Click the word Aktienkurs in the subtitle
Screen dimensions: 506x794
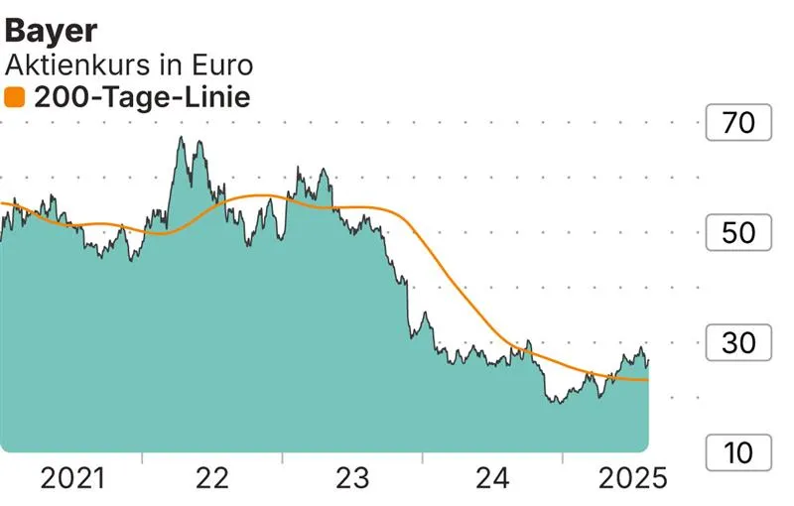[77, 65]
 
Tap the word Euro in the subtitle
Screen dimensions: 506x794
[219, 65]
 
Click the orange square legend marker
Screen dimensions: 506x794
[14, 97]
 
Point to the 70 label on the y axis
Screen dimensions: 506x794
[739, 124]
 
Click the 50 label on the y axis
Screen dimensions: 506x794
[739, 234]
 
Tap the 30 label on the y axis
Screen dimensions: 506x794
[739, 344]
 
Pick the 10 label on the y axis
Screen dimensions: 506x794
[739, 453]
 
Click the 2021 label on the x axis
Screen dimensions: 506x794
[71, 479]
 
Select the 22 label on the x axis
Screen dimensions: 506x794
[212, 479]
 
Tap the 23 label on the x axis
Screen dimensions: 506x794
[352, 479]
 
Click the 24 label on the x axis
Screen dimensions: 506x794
[492, 479]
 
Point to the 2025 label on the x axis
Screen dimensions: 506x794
[631, 479]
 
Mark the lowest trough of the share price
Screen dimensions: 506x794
[558, 403]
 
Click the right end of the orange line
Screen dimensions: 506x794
[648, 380]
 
